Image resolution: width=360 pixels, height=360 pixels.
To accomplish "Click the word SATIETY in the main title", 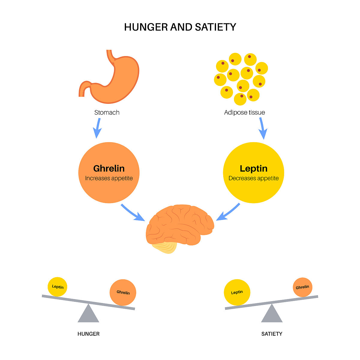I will pyautogui.click(x=215, y=27).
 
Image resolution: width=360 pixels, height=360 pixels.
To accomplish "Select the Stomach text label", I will pyautogui.click(x=107, y=112).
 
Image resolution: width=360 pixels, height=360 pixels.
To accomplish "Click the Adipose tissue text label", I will pyautogui.click(x=244, y=112).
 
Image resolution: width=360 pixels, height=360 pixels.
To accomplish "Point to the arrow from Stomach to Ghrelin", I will pyautogui.click(x=97, y=128).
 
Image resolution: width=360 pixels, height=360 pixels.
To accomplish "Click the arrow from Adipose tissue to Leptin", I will pyautogui.click(x=262, y=128).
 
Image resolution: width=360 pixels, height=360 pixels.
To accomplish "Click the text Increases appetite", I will pyautogui.click(x=109, y=178).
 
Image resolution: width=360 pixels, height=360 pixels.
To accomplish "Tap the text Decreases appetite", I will pyautogui.click(x=253, y=178).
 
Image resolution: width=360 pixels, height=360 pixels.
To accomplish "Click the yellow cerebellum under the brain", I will pyautogui.click(x=165, y=247).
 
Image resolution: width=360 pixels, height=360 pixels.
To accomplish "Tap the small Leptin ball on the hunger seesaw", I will pyautogui.click(x=58, y=287).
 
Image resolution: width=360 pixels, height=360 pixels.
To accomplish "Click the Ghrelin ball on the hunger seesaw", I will pyautogui.click(x=123, y=292).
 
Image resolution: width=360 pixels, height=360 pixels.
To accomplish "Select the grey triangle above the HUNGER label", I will pyautogui.click(x=88, y=314).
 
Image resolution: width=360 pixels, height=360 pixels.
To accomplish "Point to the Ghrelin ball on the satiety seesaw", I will pyautogui.click(x=302, y=287).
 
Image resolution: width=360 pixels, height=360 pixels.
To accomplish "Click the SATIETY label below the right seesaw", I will pyautogui.click(x=272, y=334).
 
